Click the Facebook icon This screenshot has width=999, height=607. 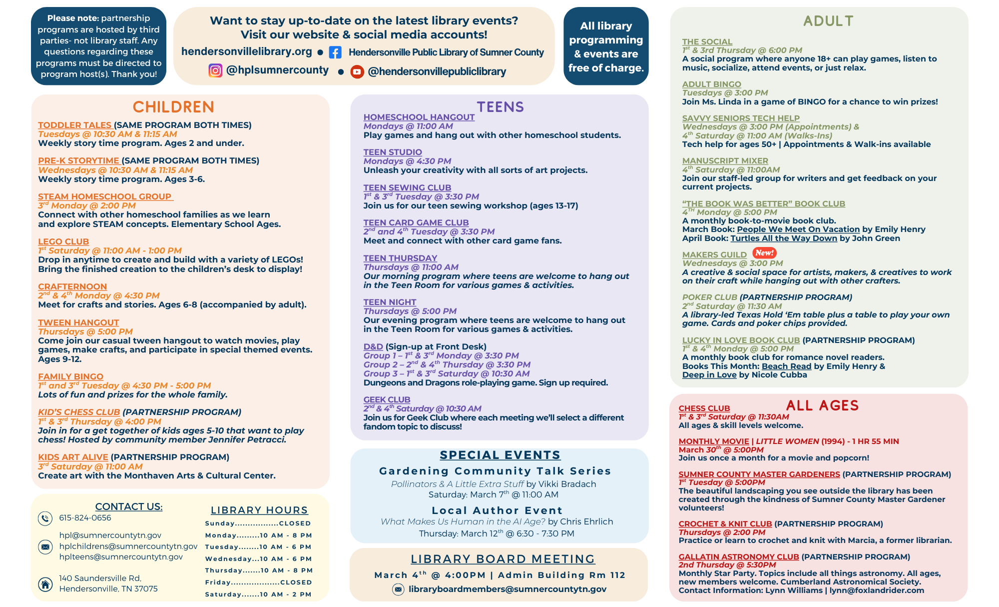click(335, 52)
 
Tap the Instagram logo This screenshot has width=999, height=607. click(215, 70)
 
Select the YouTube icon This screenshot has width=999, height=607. click(357, 72)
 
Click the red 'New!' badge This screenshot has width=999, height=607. click(764, 253)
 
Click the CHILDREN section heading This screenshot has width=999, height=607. click(173, 107)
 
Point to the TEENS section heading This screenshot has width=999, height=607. click(500, 107)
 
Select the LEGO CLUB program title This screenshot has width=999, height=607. click(63, 241)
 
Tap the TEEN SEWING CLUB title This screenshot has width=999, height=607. click(407, 187)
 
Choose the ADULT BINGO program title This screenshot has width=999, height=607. click(711, 84)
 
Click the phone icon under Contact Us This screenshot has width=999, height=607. click(45, 518)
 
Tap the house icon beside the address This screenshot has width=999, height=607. click(45, 584)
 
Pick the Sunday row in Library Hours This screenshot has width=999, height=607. click(258, 523)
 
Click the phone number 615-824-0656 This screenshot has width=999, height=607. click(85, 518)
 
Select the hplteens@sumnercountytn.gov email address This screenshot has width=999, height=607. click(121, 557)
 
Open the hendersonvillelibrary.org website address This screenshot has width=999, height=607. click(246, 51)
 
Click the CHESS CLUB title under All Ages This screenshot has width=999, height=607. click(704, 408)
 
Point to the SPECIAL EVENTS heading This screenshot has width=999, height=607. click(500, 455)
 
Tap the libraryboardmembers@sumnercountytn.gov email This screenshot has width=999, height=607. click(507, 589)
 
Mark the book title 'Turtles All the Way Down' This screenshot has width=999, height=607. click(783, 238)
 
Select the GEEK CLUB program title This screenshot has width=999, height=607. click(387, 399)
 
